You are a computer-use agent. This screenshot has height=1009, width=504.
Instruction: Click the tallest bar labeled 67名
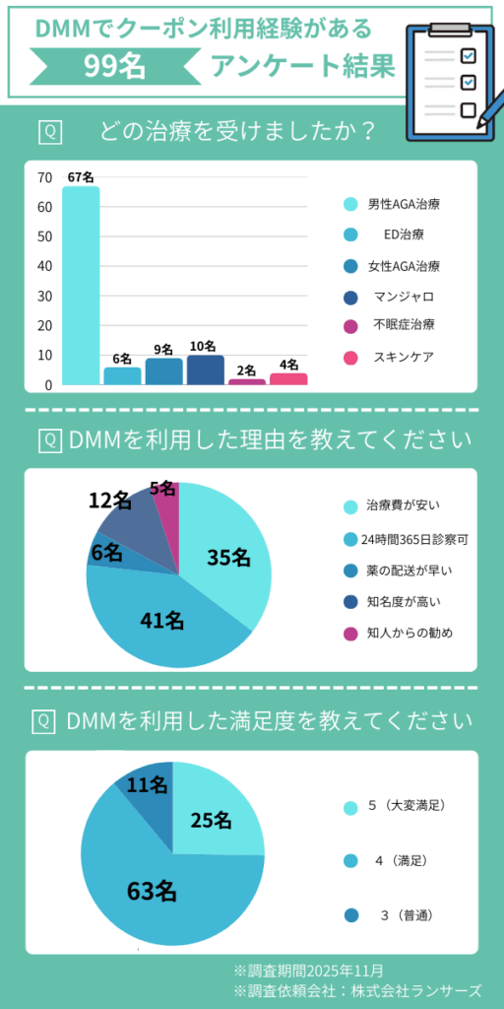[x=81, y=286]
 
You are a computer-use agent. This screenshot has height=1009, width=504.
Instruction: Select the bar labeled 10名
[x=206, y=370]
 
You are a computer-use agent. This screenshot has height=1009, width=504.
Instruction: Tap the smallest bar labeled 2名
[x=247, y=380]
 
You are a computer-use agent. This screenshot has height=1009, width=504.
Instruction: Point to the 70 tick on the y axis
[x=44, y=177]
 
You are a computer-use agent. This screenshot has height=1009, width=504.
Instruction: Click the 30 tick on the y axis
[x=44, y=296]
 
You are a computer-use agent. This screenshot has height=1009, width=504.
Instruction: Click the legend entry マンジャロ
[x=403, y=297]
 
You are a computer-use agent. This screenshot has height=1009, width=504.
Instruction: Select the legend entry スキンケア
[x=403, y=357]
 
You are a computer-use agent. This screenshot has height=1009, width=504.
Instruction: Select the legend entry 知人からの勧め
[x=409, y=633]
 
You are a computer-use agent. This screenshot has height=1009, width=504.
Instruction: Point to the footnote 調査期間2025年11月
[x=308, y=971]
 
